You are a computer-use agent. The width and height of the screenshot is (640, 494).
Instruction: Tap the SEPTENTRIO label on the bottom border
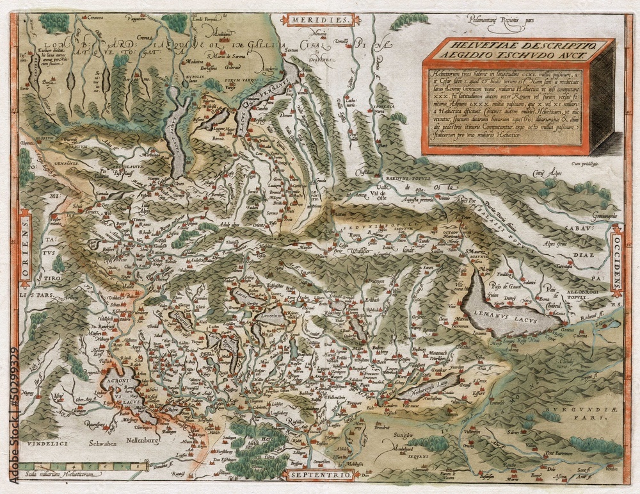318,475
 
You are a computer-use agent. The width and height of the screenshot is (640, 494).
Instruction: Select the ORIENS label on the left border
25,250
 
